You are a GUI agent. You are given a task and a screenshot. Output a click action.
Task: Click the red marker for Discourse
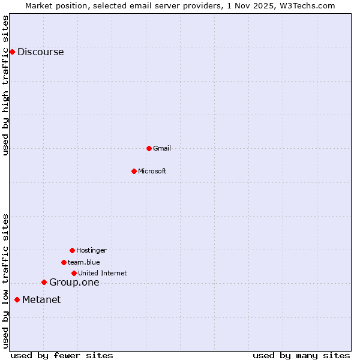click(x=12, y=52)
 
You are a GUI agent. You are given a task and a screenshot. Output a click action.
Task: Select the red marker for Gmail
click(x=149, y=148)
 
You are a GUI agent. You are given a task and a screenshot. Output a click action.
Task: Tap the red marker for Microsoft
click(x=134, y=171)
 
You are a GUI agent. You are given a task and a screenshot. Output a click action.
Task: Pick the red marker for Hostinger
click(x=72, y=250)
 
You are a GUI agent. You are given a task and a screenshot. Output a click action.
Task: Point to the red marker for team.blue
click(x=64, y=262)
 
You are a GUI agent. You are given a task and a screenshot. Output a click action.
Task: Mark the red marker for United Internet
click(x=74, y=273)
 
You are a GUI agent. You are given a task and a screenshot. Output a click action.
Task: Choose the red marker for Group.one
click(x=44, y=282)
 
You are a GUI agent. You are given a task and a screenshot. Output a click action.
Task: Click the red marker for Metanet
click(x=17, y=299)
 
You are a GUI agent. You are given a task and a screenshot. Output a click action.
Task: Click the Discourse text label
click(x=40, y=52)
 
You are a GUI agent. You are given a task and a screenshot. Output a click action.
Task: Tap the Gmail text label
click(x=162, y=148)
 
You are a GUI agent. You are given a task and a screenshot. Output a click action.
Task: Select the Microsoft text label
click(x=152, y=171)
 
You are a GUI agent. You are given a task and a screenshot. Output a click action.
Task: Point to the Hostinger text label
click(x=91, y=250)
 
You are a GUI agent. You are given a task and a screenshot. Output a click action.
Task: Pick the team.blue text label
click(x=84, y=262)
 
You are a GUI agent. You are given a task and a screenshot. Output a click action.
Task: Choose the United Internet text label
click(x=103, y=273)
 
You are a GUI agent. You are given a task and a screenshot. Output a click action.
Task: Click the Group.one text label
click(x=74, y=283)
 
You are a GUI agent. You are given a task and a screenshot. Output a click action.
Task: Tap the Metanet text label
click(x=41, y=300)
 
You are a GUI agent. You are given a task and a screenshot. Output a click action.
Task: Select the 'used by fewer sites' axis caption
click(x=62, y=355)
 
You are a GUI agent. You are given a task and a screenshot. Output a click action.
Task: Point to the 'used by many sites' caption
click(x=301, y=355)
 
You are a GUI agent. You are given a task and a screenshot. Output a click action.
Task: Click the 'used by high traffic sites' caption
click(x=5, y=85)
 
